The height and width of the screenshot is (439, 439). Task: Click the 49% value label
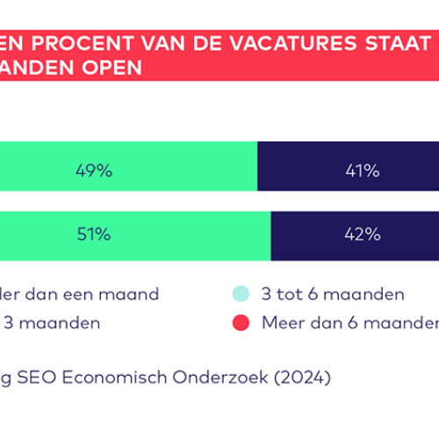pos(94,171)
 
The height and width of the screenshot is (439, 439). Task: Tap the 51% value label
pos(93,234)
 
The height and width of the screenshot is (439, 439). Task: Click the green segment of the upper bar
pos(176,171)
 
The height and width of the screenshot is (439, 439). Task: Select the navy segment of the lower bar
pos(316,234)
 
